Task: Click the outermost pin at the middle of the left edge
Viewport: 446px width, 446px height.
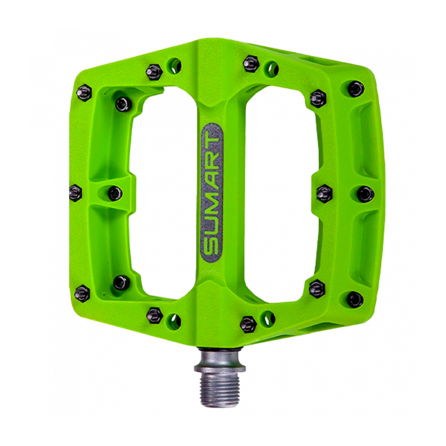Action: click(76, 193)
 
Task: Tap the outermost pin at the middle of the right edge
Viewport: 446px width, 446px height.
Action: click(366, 193)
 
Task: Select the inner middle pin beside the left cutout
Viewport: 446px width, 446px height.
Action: click(115, 193)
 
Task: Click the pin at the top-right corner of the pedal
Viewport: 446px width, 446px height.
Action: click(355, 89)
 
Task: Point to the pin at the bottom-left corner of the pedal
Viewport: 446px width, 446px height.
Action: click(83, 293)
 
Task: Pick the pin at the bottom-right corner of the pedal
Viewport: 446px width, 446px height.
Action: click(355, 299)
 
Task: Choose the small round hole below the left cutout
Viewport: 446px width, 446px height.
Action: click(174, 319)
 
